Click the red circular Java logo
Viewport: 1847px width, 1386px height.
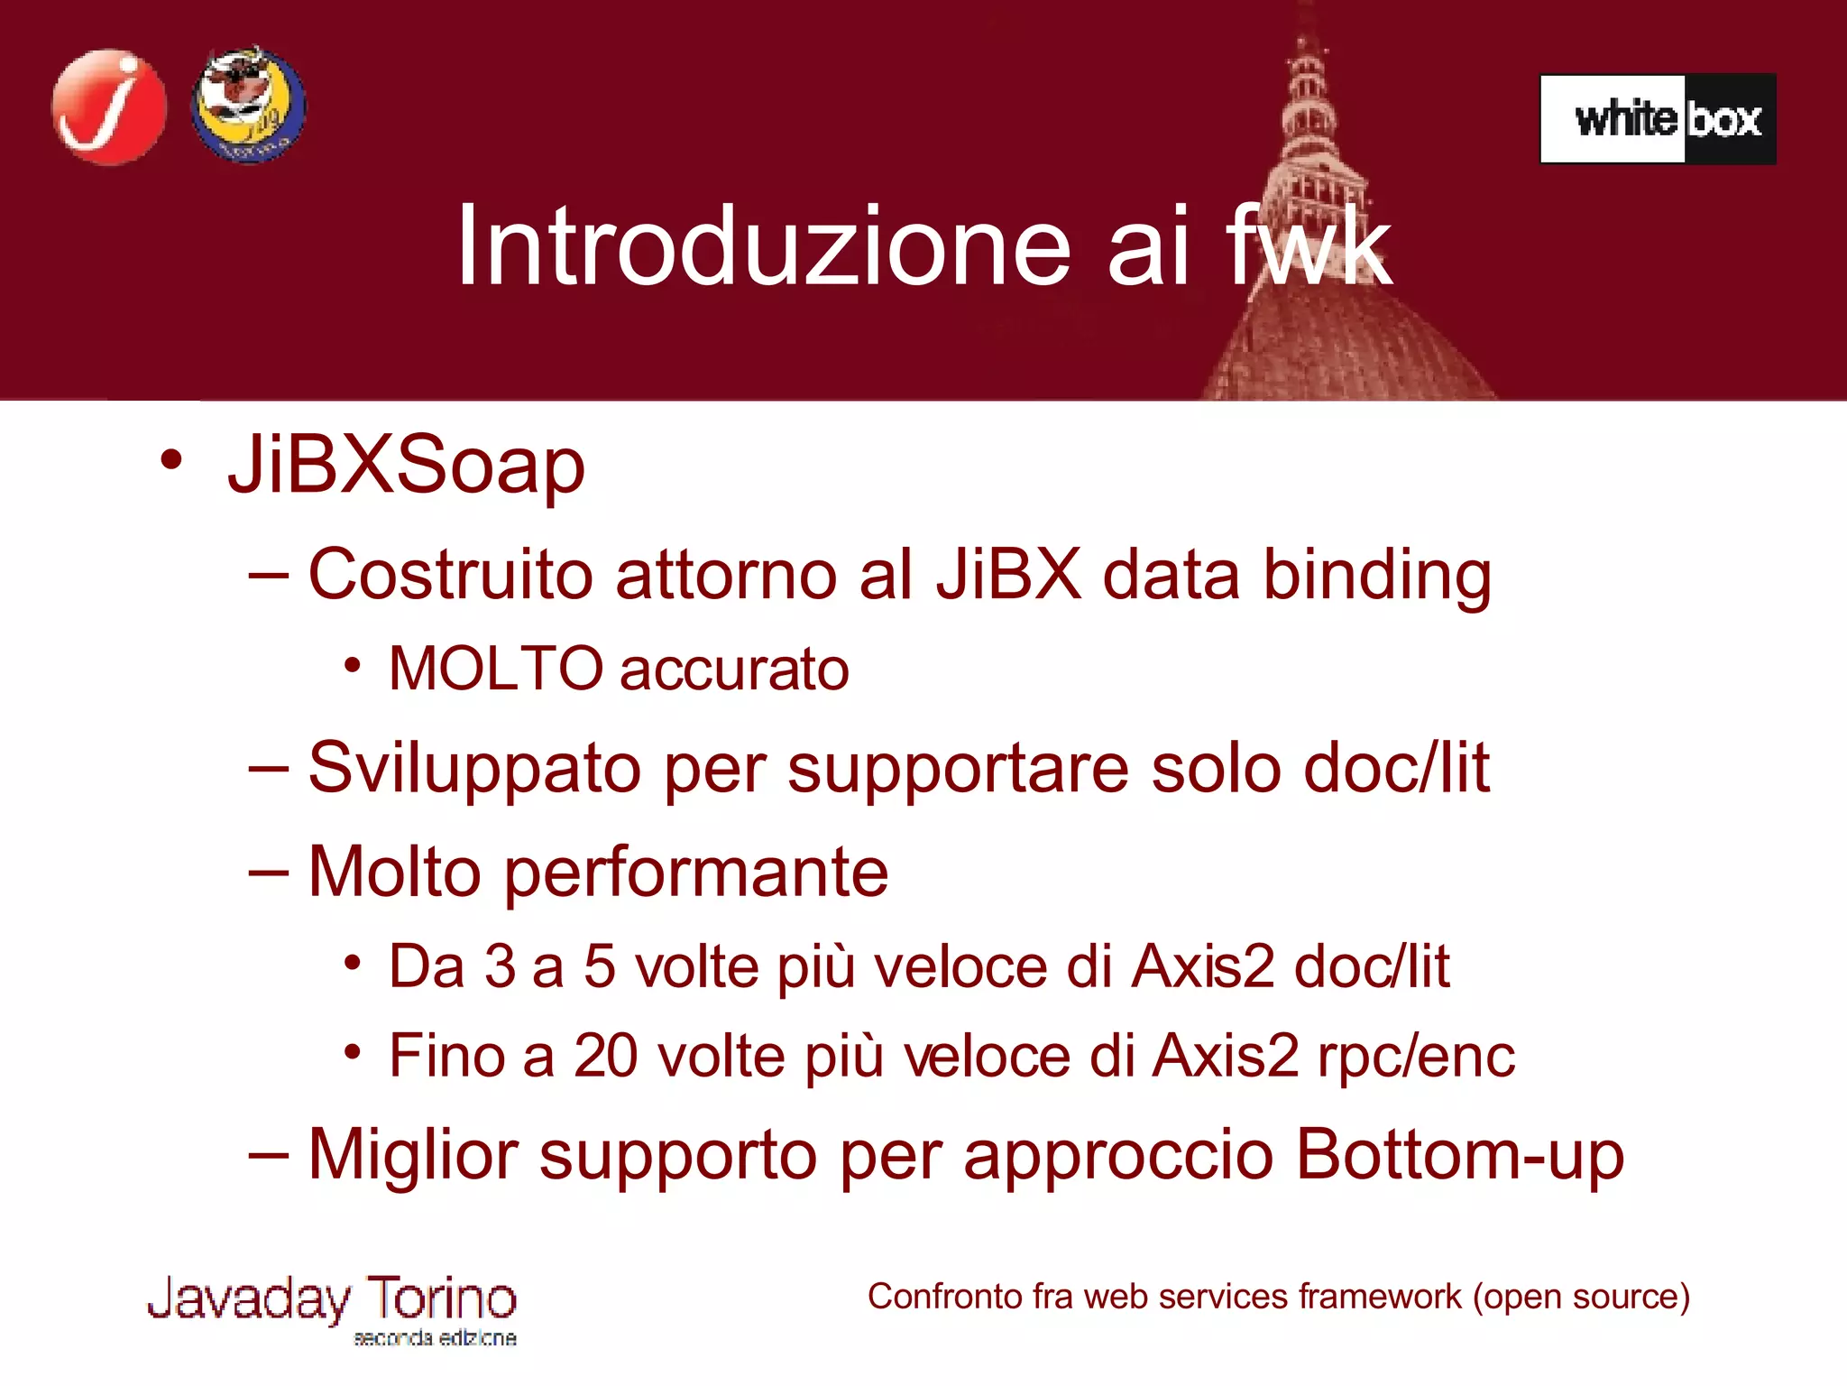click(x=109, y=107)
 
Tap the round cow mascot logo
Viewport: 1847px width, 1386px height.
click(x=249, y=106)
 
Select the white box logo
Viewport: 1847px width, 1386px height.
click(x=1658, y=119)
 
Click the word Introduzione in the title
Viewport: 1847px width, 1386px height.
click(x=763, y=245)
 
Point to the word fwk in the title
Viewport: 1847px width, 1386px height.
click(x=1309, y=245)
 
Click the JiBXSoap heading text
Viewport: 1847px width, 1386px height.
click(x=406, y=466)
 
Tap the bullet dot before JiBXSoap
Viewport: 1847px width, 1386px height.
click(x=170, y=460)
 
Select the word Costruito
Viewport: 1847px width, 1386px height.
click(x=451, y=574)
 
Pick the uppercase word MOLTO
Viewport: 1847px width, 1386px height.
click(x=495, y=669)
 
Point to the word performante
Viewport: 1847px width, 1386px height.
click(x=695, y=872)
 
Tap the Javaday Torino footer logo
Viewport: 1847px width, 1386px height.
click(x=332, y=1307)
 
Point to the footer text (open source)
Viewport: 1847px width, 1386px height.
click(x=1581, y=1297)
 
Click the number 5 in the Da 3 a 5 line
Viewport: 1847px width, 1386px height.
click(x=600, y=966)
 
